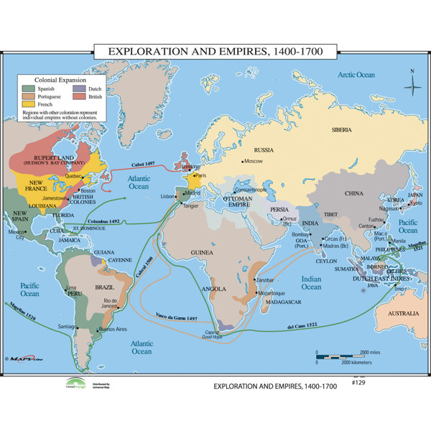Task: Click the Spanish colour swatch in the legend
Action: click(x=28, y=88)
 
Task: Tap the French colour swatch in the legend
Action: click(x=28, y=103)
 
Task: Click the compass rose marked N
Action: click(x=412, y=85)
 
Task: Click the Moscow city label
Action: click(x=254, y=161)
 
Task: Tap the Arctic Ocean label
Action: click(x=357, y=75)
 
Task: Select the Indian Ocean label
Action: click(x=311, y=283)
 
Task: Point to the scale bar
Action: click(x=345, y=357)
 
